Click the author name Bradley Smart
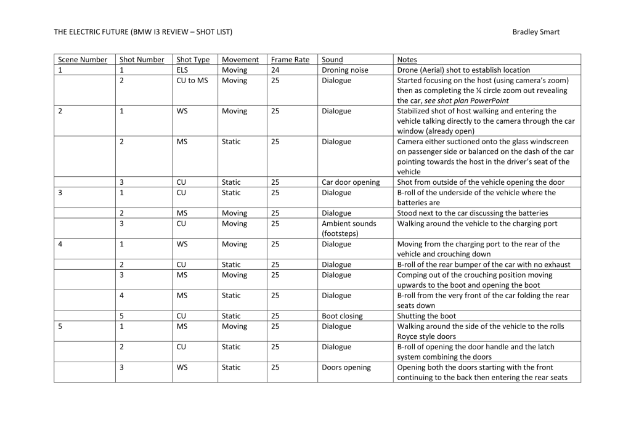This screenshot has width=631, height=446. (535, 32)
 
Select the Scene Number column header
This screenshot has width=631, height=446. (83, 60)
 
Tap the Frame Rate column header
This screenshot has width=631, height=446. (290, 60)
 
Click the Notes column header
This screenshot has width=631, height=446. (407, 60)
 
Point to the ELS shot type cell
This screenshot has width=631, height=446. (182, 70)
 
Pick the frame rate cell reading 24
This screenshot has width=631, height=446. (275, 70)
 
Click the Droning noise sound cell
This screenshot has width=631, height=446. (344, 70)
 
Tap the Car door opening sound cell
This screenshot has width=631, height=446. (351, 182)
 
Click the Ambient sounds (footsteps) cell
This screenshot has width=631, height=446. (349, 229)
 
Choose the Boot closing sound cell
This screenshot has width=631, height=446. (342, 316)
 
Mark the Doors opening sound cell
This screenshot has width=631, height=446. (346, 367)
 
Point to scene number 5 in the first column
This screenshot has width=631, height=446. (60, 326)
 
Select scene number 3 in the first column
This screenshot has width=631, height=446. (60, 193)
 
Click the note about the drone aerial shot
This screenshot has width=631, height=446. (463, 70)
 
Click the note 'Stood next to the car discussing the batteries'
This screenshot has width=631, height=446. (472, 213)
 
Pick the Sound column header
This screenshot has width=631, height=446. (332, 60)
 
